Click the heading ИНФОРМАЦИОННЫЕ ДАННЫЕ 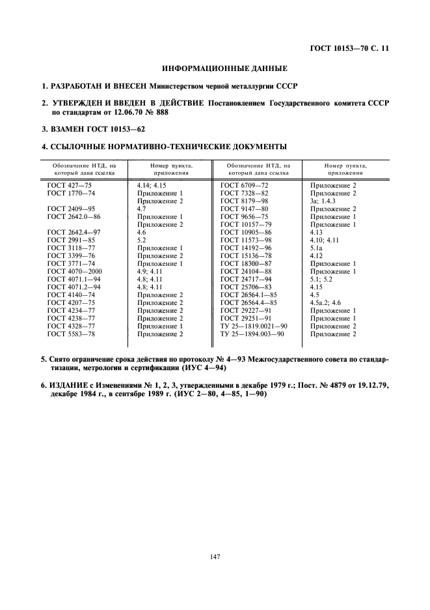215,68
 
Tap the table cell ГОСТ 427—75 66,186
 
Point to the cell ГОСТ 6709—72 245,186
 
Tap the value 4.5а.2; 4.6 329,302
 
